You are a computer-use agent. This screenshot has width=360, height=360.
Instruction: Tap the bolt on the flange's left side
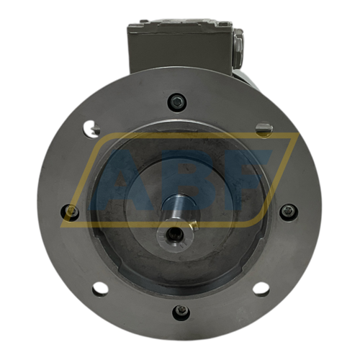(x=71, y=212)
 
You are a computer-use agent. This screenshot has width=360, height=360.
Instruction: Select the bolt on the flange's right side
(x=289, y=212)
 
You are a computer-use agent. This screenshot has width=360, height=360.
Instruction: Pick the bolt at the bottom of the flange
(x=181, y=312)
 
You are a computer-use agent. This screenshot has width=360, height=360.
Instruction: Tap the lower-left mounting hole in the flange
(x=100, y=289)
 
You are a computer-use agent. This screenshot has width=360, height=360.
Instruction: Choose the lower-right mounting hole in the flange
(x=261, y=288)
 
